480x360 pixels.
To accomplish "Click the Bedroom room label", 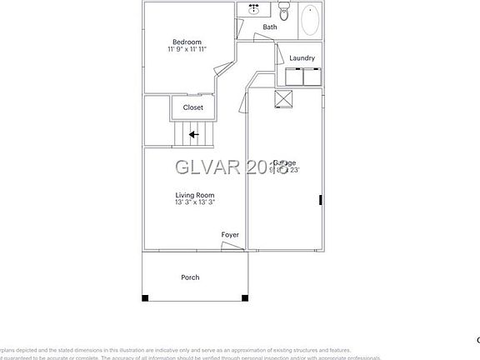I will click(x=187, y=42).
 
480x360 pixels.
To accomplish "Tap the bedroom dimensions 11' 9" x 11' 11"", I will click(x=187, y=50).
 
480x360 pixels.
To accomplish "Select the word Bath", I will click(x=270, y=27).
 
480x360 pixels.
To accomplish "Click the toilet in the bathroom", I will click(x=283, y=12).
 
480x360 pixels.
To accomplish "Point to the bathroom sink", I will click(x=253, y=11).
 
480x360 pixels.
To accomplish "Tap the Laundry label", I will click(x=302, y=57).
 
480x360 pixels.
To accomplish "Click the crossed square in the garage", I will click(x=283, y=98).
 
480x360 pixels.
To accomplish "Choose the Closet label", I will click(x=192, y=107).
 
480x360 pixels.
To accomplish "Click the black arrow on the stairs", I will click(x=192, y=134).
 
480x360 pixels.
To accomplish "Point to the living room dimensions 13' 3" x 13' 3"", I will click(x=195, y=202).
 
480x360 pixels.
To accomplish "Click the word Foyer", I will click(x=230, y=235).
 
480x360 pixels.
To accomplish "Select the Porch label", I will click(x=190, y=277).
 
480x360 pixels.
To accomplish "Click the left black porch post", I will click(x=145, y=297).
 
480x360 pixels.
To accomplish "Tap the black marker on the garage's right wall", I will click(x=320, y=199).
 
